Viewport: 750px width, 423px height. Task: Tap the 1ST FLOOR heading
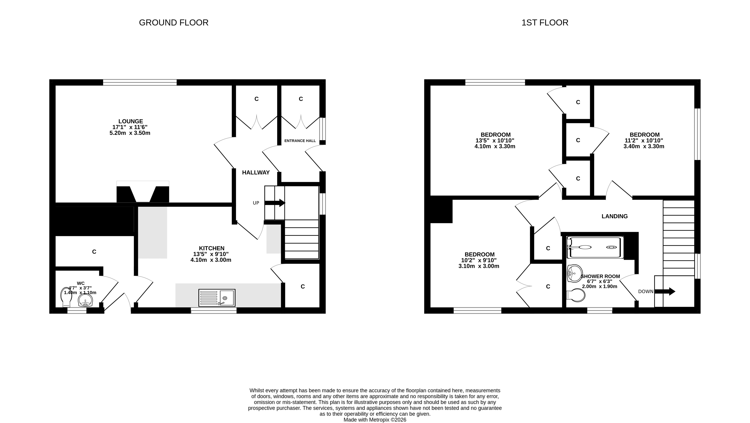click(545, 23)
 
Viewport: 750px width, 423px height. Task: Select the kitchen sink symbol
click(217, 298)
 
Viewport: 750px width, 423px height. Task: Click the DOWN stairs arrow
click(665, 291)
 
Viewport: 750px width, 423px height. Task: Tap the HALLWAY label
click(256, 172)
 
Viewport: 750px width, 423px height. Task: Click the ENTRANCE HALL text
click(300, 141)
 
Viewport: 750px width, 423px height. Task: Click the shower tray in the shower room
click(595, 247)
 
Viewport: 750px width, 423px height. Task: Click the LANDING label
click(615, 216)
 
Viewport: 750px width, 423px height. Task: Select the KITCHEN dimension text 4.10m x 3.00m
click(211, 260)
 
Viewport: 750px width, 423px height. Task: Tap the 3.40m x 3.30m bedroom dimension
click(644, 146)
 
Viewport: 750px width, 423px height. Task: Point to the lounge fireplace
click(143, 192)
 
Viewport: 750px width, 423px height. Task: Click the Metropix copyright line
click(375, 420)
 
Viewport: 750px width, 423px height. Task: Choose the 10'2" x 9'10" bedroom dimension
click(479, 260)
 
